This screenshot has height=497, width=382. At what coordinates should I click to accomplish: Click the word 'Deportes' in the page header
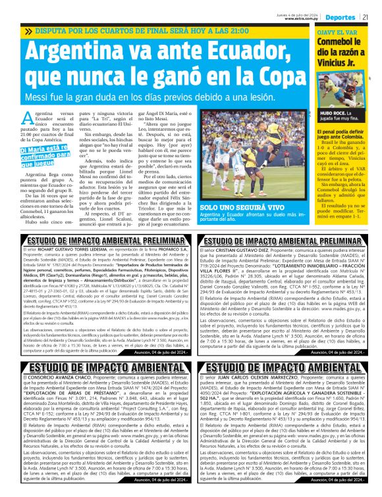342,16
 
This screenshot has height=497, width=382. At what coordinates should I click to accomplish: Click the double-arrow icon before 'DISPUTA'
28,31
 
